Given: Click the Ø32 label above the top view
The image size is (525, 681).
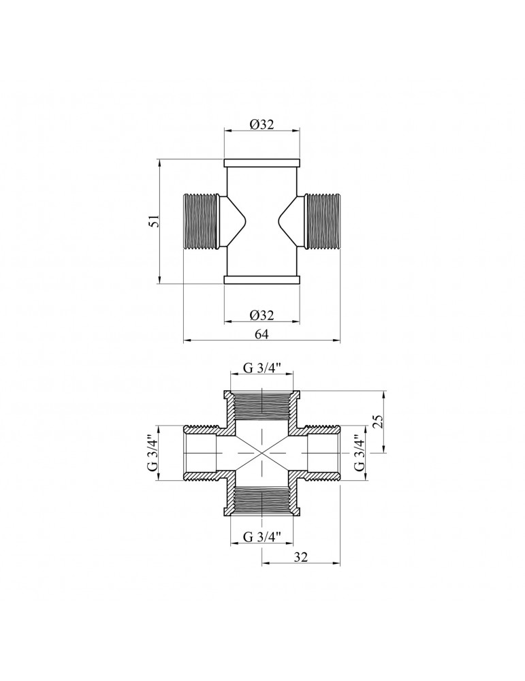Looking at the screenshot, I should coord(261,125).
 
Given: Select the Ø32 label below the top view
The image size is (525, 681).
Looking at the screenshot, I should coord(261,315).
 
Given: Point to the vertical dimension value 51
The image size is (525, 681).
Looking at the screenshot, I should coord(155,221).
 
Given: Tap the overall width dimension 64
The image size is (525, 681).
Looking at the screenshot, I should coord(261,334).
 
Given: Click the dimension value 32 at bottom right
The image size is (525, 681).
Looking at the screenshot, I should coord(301,556).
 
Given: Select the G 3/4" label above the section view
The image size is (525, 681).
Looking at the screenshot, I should coord(261,369).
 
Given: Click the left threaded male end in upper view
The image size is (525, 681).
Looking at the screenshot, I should coord(201,221).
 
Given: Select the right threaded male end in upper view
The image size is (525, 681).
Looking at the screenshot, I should coord(322,221).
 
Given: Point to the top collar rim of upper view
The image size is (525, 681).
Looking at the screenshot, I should coord(261,163).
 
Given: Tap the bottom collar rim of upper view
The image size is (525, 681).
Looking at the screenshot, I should coord(261,279).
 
